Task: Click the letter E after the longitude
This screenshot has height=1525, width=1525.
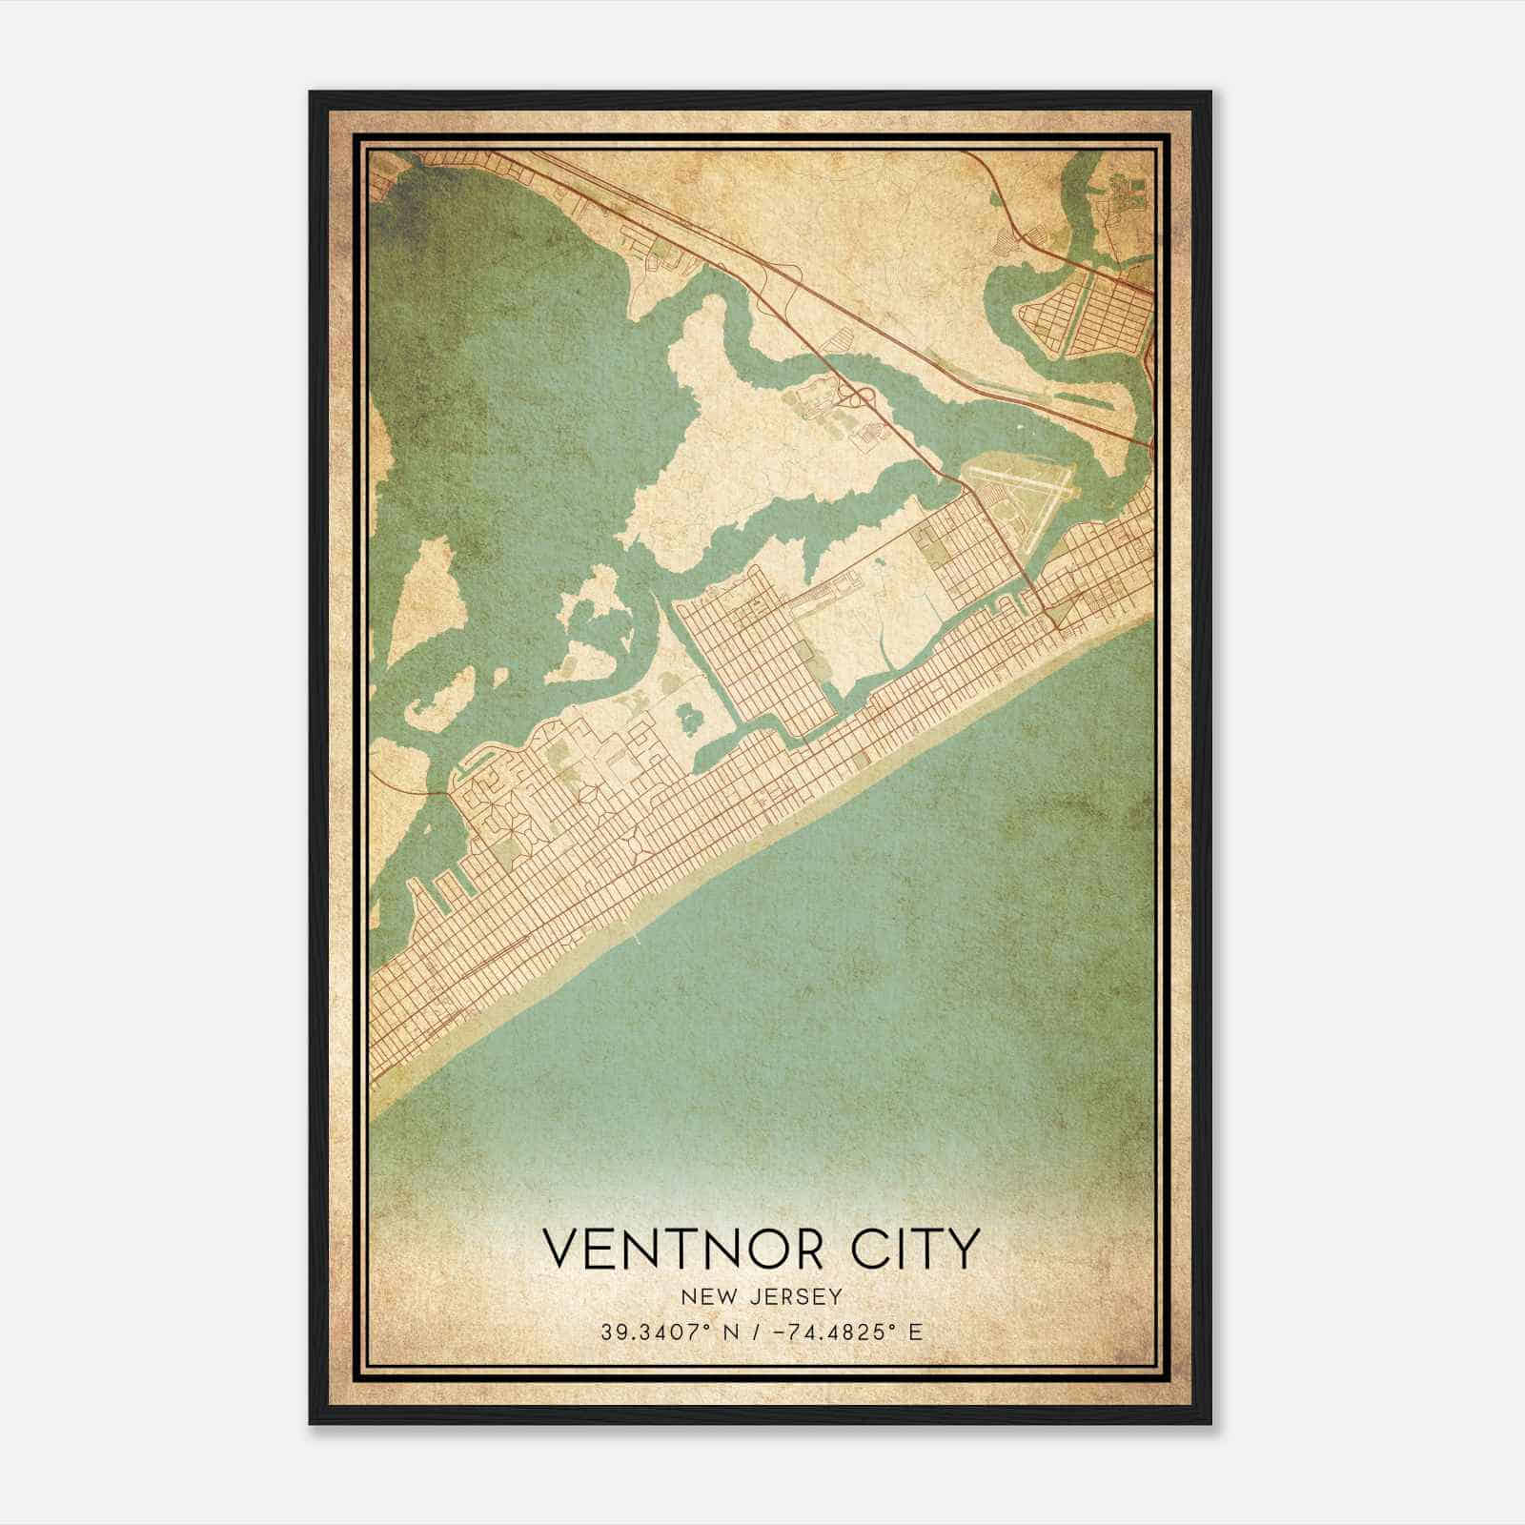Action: pos(916,1332)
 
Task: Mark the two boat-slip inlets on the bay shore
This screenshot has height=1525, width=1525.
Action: pos(440,891)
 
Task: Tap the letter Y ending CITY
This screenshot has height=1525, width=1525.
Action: pos(964,1249)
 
